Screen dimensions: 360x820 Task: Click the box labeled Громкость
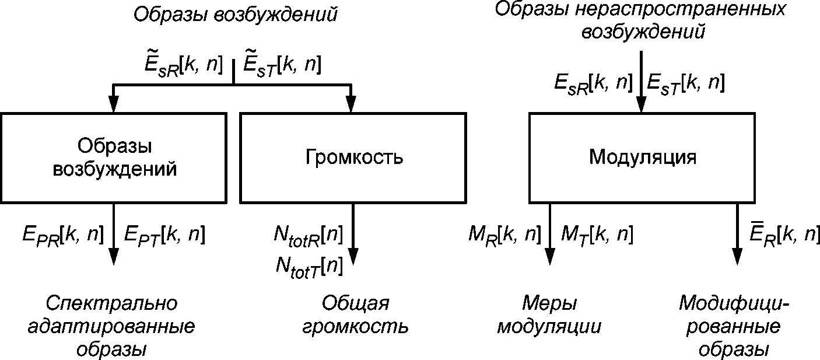click(x=353, y=158)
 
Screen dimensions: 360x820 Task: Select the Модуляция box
click(x=642, y=158)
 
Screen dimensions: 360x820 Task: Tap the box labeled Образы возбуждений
click(x=114, y=158)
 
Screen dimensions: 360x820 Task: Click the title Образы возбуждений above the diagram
click(x=235, y=15)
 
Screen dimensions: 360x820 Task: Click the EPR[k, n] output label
click(x=62, y=235)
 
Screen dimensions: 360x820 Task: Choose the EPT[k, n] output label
click(x=164, y=235)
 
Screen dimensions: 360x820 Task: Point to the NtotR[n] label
click(x=307, y=235)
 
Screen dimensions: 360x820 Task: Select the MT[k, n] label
click(x=597, y=235)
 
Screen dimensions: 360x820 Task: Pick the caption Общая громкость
click(x=355, y=315)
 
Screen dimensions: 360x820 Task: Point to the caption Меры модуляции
click(x=549, y=315)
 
